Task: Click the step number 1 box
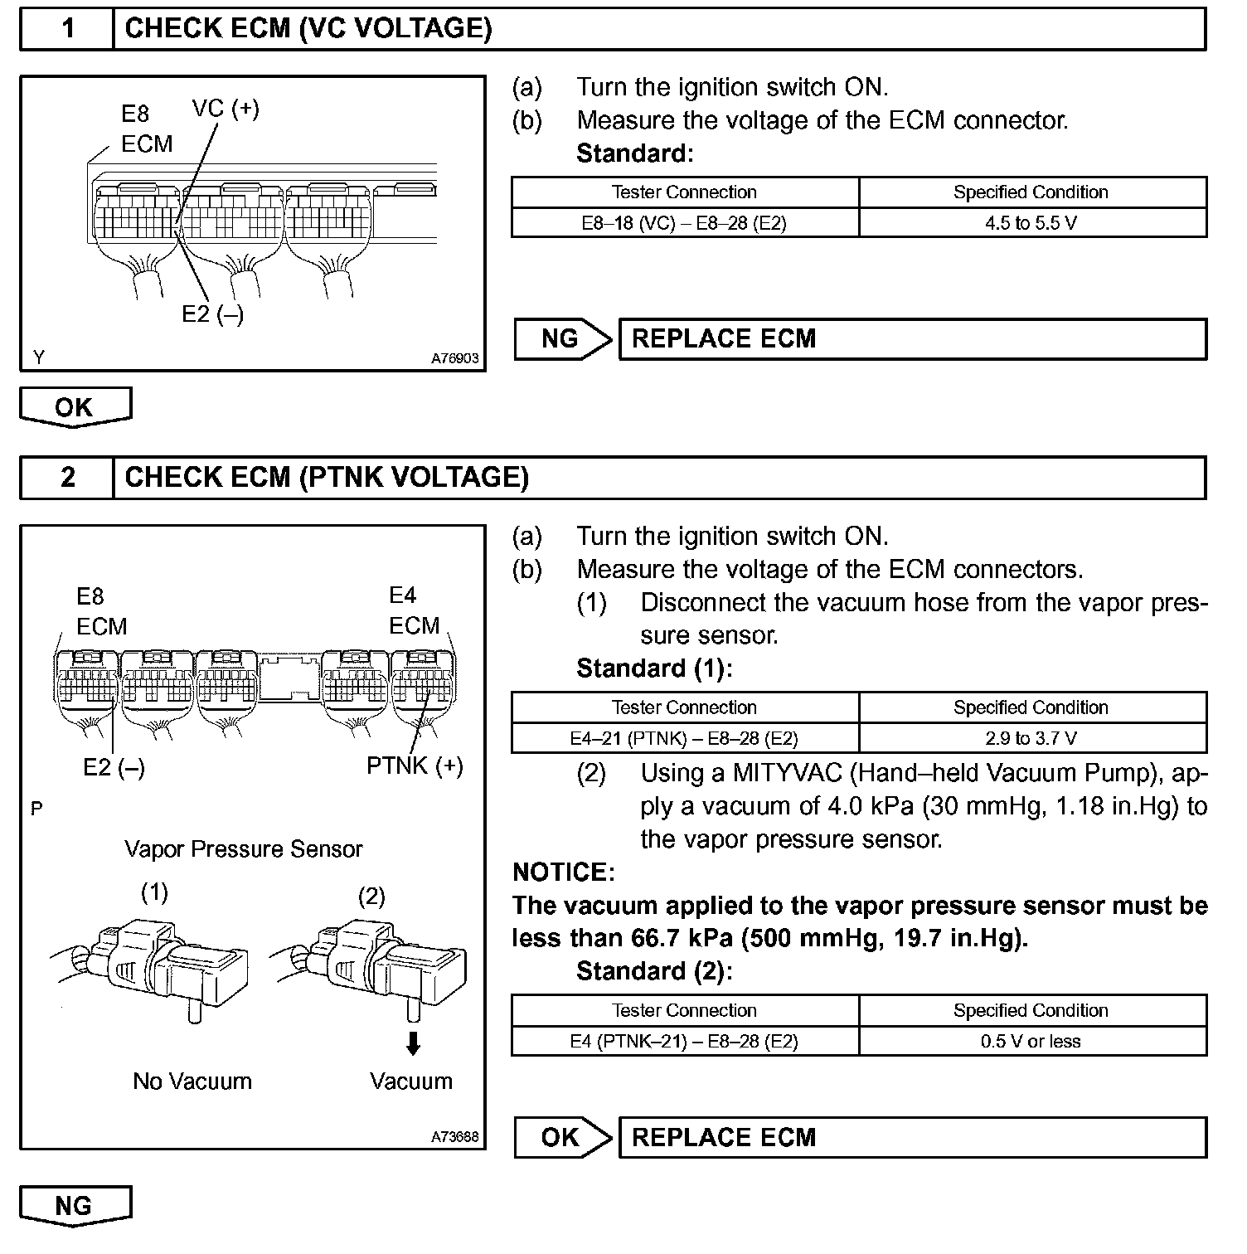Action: pos(67,29)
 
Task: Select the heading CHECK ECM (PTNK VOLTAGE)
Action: pos(326,478)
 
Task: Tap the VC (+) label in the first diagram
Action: pos(226,109)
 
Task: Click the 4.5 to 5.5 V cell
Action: pos(1031,223)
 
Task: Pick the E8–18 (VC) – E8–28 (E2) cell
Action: pos(684,223)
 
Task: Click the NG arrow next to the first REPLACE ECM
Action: pos(562,339)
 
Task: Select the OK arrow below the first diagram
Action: pos(75,407)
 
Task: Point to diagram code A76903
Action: pos(454,359)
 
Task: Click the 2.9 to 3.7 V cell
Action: pos(1031,738)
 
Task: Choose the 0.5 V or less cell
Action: pos(1031,1042)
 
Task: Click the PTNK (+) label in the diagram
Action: pos(415,766)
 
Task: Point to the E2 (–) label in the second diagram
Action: pos(114,768)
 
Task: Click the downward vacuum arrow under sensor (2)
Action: pos(412,1043)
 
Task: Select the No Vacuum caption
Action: pos(192,1081)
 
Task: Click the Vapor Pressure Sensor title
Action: pos(243,849)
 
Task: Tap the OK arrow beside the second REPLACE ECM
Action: pos(562,1137)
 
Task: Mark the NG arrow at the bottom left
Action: pos(75,1206)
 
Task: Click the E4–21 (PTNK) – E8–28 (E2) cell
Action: pos(684,738)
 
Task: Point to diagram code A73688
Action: pos(454,1137)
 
